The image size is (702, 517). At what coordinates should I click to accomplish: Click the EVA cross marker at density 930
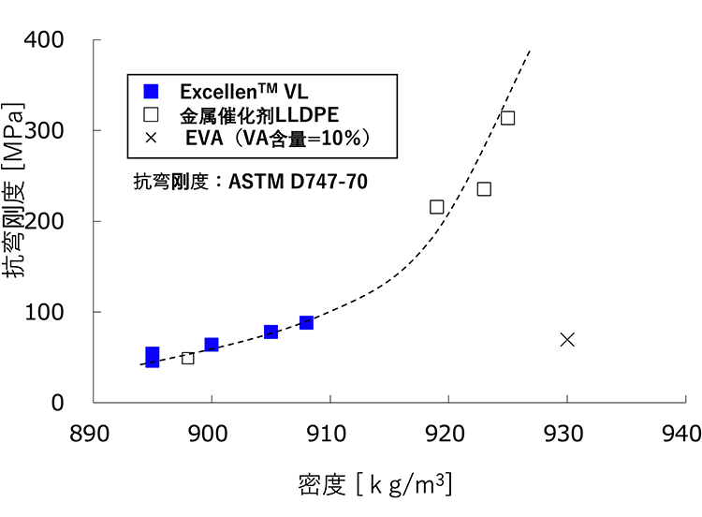567,340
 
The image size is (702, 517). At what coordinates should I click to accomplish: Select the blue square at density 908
306,322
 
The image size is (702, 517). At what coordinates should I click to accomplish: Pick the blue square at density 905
271,332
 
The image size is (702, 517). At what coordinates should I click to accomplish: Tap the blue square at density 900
212,345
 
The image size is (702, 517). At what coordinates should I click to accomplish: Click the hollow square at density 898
187,359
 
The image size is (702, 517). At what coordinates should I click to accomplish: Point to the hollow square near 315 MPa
507,118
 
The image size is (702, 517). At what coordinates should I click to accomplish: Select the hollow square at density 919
436,207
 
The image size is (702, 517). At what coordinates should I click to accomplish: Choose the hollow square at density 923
484,189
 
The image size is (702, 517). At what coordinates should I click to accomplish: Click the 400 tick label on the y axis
44,39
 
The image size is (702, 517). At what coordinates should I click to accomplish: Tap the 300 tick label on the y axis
44,130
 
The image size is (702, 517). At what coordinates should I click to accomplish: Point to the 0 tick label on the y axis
57,403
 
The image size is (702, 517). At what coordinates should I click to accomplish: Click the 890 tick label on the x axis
89,434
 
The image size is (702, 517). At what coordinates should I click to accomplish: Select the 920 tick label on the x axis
445,434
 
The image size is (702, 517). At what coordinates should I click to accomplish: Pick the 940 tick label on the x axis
681,434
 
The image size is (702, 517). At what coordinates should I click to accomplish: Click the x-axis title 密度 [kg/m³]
375,484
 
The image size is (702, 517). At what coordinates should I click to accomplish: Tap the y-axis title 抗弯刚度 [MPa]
13,190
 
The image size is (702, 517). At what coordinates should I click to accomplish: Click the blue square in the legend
151,91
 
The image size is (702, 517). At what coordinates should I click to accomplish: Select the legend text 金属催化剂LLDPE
259,115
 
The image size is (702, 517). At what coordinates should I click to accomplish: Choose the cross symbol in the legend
151,138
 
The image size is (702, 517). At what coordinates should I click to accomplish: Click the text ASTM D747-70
299,182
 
